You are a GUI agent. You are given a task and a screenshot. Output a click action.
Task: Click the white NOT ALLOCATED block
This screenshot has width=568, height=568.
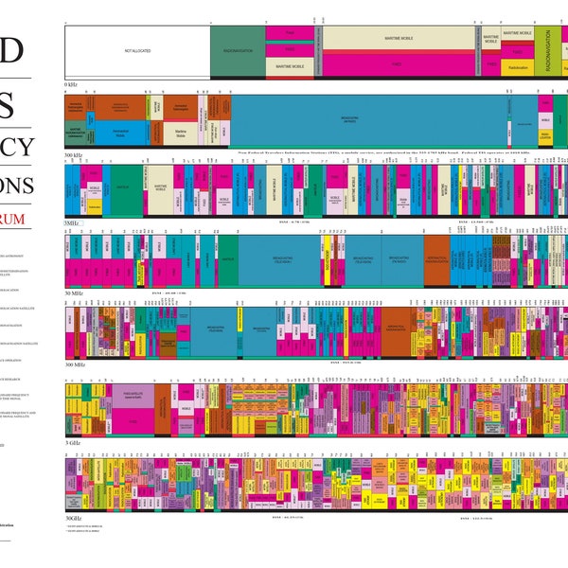pos(137,51)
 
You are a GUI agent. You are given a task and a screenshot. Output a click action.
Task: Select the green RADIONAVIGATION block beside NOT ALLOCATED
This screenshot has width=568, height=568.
pos(238,51)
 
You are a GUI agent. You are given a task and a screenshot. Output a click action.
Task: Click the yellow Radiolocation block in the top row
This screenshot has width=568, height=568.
pos(518,67)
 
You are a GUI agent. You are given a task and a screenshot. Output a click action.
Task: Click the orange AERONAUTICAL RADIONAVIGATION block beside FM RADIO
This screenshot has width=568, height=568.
pos(436,258)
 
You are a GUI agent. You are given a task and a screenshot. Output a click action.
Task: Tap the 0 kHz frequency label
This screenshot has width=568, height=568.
pos(71,84)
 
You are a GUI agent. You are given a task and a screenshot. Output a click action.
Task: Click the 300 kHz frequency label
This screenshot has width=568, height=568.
pos(74,153)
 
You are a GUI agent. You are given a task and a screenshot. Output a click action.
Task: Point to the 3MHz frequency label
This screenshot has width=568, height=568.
pos(71,222)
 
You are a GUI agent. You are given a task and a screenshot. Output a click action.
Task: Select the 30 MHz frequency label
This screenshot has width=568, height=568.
pos(74,293)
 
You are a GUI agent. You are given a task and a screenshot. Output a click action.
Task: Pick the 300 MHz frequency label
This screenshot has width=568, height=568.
pos(75,364)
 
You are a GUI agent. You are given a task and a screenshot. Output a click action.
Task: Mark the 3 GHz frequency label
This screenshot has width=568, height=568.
pos(71,442)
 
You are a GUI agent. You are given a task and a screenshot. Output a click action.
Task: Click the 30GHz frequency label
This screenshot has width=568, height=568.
pos(73,518)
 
